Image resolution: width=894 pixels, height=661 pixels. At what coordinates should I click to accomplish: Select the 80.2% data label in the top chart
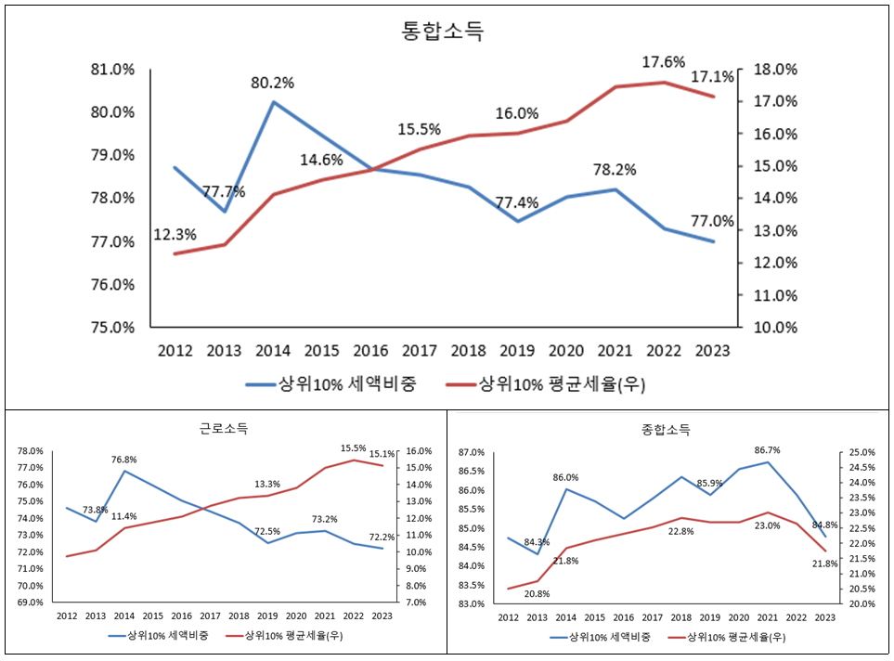point(272,83)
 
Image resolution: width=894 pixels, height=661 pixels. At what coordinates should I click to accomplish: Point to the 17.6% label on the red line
point(663,62)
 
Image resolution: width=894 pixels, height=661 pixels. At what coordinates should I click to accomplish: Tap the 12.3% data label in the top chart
point(175,237)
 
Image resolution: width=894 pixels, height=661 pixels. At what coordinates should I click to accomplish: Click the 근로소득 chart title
point(224,429)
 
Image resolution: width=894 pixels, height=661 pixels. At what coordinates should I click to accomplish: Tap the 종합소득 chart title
point(666,430)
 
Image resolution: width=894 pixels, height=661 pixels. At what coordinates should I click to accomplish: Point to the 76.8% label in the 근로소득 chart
point(123,460)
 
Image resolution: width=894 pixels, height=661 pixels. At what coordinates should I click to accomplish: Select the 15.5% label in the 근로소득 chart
point(354,448)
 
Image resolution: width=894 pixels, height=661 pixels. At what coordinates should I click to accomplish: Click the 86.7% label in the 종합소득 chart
point(767,450)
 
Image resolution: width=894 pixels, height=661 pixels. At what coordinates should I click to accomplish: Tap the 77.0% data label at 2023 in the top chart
point(714,222)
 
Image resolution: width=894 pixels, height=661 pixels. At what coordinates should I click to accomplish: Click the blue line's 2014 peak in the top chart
point(273,102)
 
